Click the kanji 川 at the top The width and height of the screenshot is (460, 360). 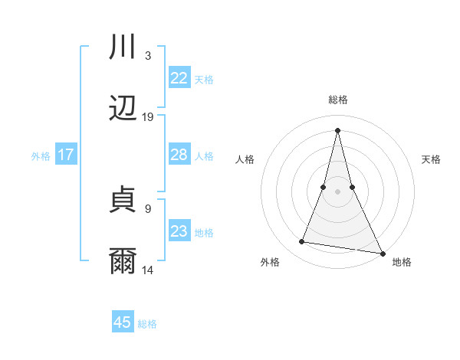coord(123,47)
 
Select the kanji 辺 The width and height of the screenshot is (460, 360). coord(123,108)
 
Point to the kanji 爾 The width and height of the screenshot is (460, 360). coord(123,260)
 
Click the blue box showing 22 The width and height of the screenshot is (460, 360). coord(179,78)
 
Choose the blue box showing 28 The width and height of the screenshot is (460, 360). coord(179,155)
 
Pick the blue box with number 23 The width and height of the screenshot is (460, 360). coord(179,231)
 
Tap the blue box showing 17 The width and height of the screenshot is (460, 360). coord(65,155)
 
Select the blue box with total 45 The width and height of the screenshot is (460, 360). coord(123,322)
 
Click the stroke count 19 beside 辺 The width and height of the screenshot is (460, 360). coord(148,117)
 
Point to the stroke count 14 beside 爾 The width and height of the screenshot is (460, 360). coord(148,270)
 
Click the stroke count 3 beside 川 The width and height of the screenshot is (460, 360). coord(148,56)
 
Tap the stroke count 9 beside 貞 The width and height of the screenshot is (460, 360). coord(148,208)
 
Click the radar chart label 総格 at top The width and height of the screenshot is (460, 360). coord(338,100)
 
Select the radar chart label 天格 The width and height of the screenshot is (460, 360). coord(431,159)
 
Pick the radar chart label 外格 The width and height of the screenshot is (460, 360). coord(270,262)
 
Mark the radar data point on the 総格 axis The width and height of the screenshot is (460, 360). coord(337,129)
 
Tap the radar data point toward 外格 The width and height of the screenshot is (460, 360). coord(301,242)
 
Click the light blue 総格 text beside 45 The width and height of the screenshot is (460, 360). coord(147,324)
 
